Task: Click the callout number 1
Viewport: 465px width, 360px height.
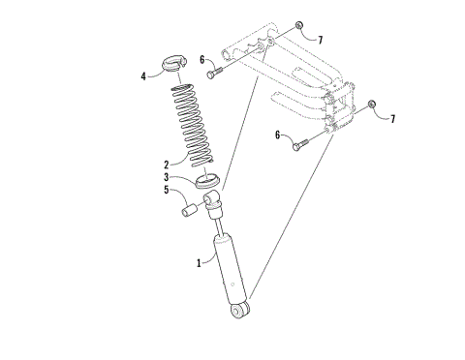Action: tap(200, 261)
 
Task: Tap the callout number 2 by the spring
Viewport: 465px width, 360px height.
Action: tap(167, 164)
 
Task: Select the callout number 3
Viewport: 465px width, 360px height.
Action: tap(167, 177)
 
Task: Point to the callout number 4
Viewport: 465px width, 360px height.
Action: tap(143, 74)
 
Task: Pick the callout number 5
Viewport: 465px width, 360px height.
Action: tap(167, 191)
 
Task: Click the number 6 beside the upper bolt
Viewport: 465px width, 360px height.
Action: tap(201, 60)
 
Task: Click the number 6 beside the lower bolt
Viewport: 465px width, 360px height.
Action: tap(278, 136)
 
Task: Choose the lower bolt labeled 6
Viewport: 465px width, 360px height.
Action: tap(295, 144)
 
